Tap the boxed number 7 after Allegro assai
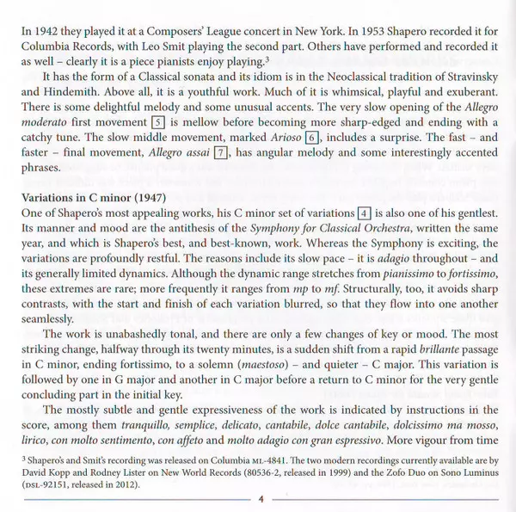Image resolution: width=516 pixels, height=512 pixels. [x=221, y=154]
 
